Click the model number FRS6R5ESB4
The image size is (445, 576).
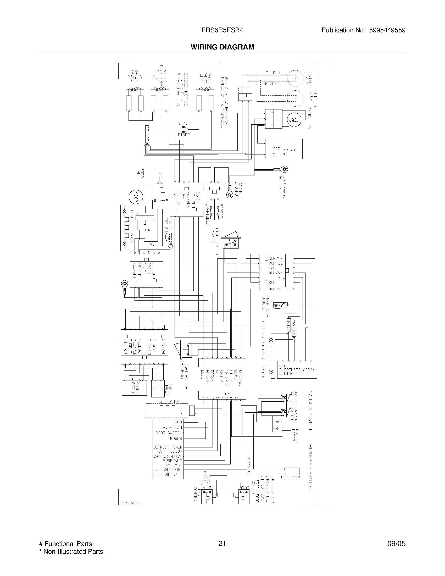(222, 30)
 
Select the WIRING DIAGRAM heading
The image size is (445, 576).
(222, 47)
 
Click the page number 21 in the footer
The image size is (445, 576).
(222, 544)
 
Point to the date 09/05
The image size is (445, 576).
(396, 544)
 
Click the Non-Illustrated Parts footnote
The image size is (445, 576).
(71, 551)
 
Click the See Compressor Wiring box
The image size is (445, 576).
(283, 149)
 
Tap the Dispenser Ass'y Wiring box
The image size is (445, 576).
(297, 370)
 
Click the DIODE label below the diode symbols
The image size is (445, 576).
(183, 135)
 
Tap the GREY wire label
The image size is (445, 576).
(277, 429)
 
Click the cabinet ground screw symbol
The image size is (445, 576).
(229, 195)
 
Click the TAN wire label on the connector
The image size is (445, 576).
(272, 268)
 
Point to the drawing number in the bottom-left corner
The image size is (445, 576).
(130, 503)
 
